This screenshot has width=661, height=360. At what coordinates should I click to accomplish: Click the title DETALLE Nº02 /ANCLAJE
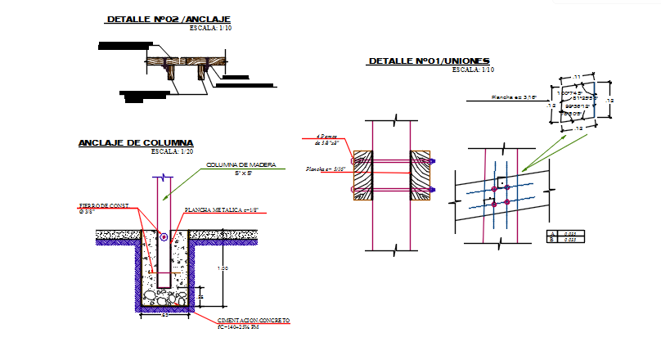tap(169, 18)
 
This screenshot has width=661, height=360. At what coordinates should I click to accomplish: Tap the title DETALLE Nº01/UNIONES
tap(429, 61)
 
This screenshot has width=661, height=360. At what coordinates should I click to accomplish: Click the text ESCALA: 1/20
tap(173, 151)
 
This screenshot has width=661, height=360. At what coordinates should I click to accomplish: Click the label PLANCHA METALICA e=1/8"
tap(222, 210)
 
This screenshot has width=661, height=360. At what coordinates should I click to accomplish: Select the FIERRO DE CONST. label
tap(103, 206)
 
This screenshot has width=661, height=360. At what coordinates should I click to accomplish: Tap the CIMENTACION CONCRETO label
tap(254, 320)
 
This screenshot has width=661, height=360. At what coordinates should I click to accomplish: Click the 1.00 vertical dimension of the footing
tap(222, 268)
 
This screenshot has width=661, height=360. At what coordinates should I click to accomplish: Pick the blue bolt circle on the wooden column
tap(164, 237)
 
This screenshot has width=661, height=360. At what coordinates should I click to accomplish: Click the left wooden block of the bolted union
tap(363, 175)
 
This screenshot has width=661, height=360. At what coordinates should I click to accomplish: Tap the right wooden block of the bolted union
tap(420, 175)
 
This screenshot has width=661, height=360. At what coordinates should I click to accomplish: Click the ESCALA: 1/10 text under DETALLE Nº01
tap(474, 70)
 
